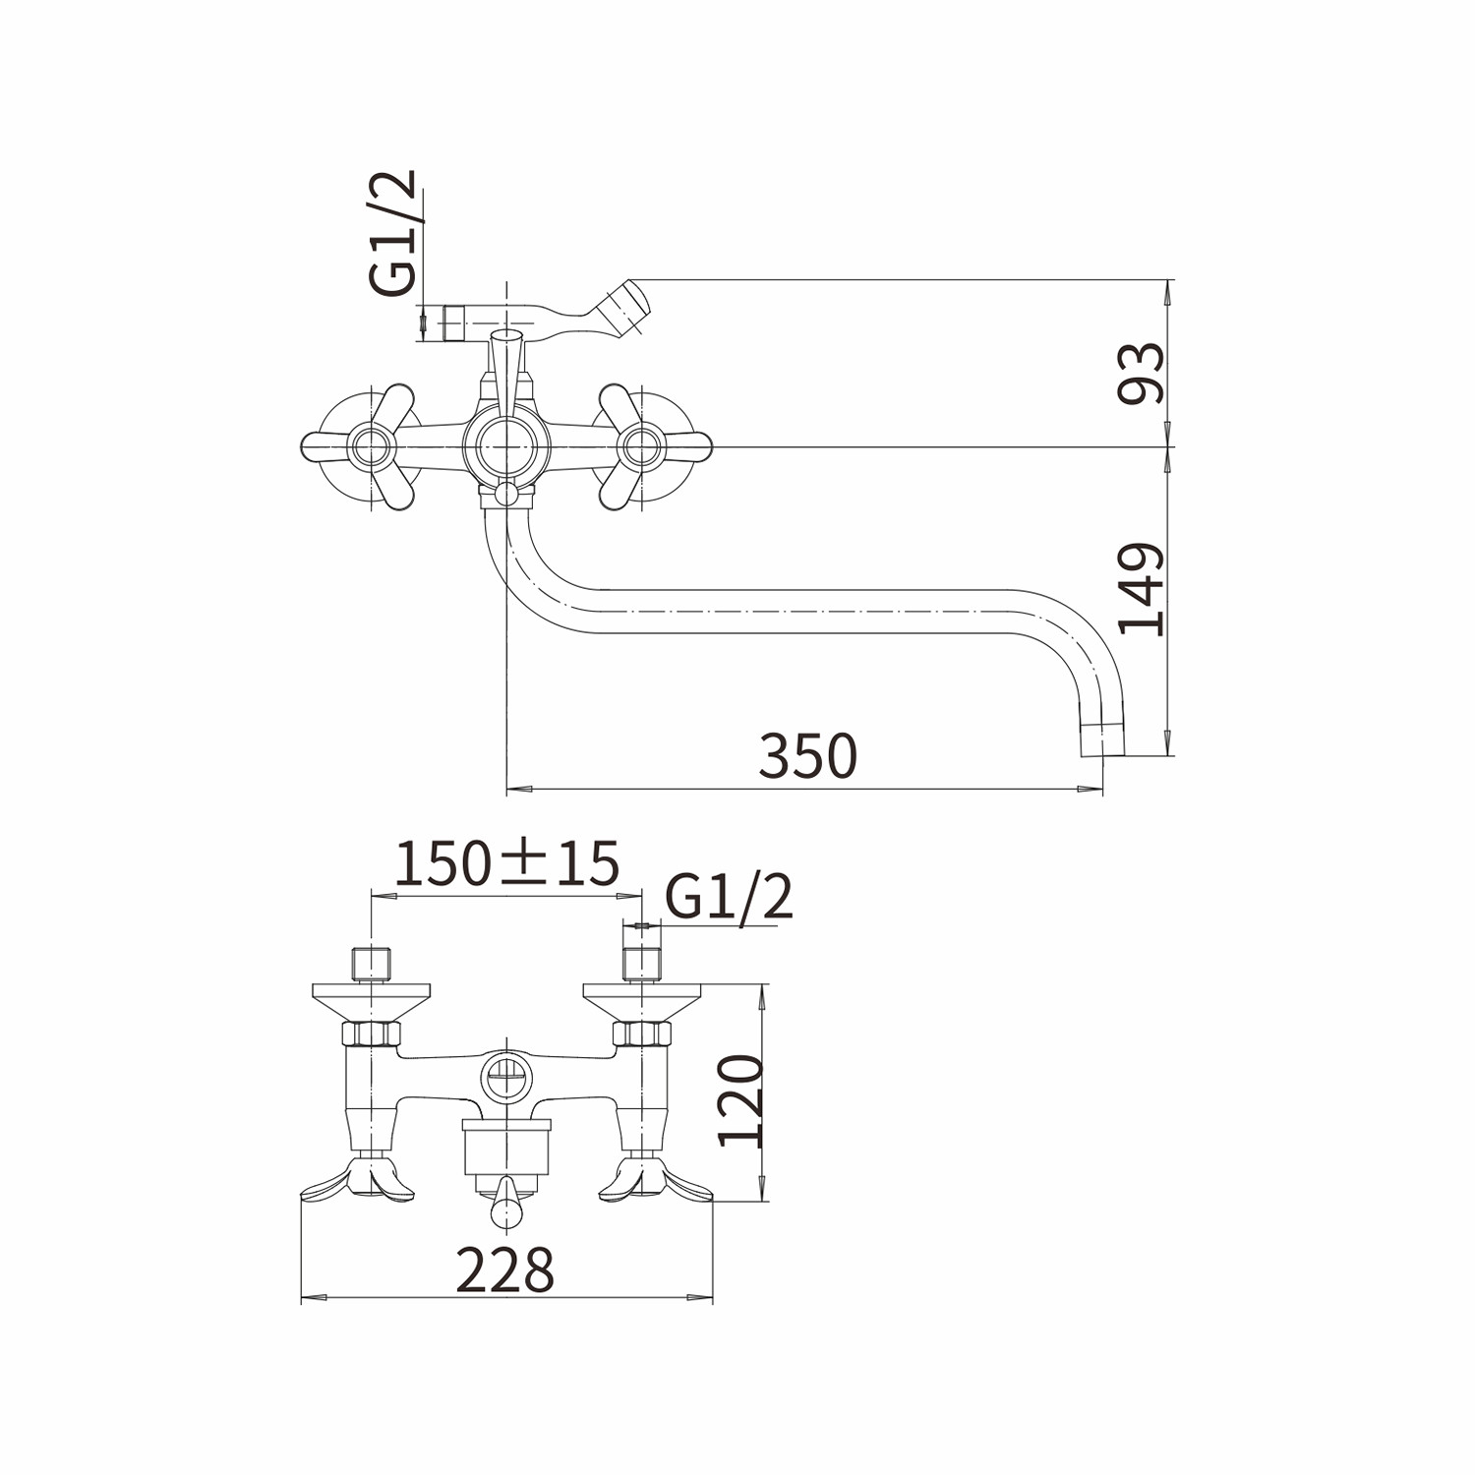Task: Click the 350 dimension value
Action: coord(807,755)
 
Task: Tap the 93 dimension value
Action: coord(1141,374)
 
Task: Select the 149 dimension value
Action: coord(1141,589)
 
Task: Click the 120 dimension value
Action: coord(740,1100)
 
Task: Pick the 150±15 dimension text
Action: coord(506,863)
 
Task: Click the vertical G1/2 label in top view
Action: coord(393,232)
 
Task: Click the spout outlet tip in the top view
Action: coord(1101,740)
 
